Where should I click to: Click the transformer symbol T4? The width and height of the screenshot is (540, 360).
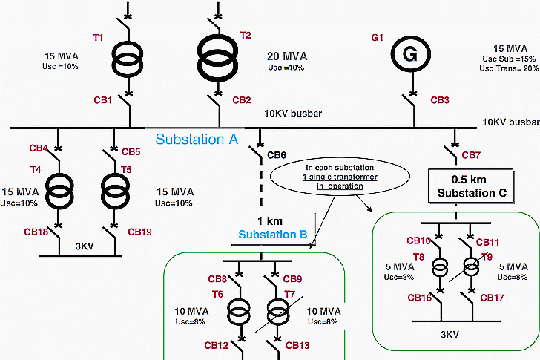point(58,189)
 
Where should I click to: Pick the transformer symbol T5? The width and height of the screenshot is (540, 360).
point(113,189)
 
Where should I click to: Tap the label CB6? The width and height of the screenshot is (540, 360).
point(276,155)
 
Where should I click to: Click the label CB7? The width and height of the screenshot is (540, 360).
point(472,155)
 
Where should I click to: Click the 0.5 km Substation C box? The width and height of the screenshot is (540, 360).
point(471,186)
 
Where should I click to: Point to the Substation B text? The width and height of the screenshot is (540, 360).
point(272,235)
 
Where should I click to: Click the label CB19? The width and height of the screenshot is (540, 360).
point(139,232)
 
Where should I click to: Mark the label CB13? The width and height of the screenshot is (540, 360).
point(297,345)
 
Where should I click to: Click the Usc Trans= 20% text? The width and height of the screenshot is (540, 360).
point(509,68)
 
